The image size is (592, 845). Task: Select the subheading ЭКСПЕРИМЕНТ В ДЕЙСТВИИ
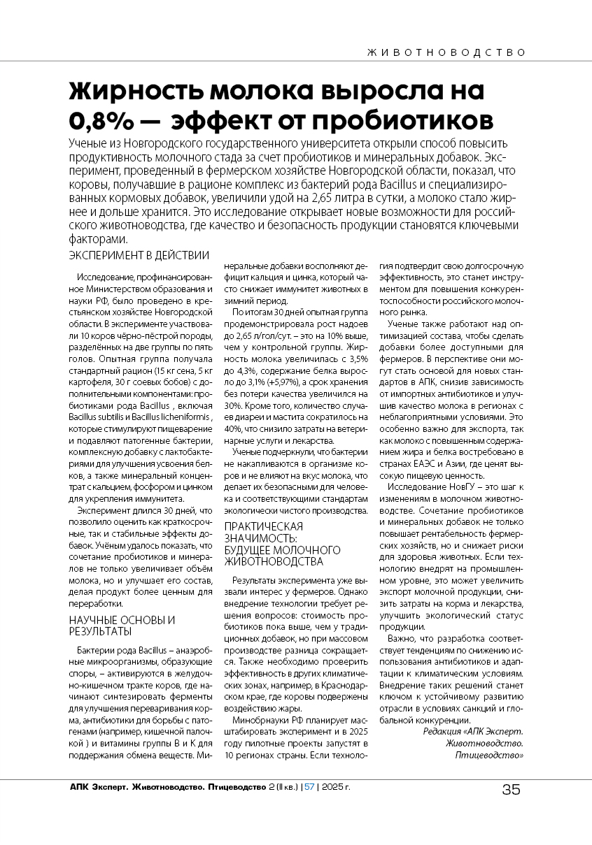139,254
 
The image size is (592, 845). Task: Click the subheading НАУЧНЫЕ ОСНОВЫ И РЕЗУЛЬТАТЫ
122,626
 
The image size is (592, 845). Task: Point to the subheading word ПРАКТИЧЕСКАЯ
263,526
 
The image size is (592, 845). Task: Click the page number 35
512,790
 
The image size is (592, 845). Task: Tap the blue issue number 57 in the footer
309,788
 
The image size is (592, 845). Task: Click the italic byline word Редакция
444,731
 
